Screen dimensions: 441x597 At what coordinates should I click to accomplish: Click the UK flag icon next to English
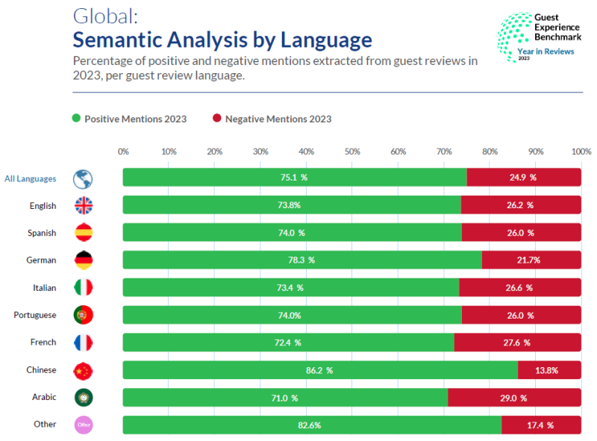click(x=83, y=205)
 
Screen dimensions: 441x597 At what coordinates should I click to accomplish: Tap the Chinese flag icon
click(x=83, y=370)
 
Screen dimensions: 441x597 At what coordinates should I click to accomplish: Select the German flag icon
click(x=83, y=260)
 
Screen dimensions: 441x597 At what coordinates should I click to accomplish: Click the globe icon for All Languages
click(x=83, y=178)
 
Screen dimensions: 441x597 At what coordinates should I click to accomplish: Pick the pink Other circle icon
click(x=83, y=425)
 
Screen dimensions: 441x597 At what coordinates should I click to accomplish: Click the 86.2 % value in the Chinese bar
click(x=319, y=370)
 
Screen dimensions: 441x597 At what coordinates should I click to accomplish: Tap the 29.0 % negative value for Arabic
click(x=513, y=398)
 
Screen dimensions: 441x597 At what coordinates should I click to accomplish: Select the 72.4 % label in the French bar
click(x=287, y=343)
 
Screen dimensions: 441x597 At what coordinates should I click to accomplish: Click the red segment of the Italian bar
click(x=520, y=287)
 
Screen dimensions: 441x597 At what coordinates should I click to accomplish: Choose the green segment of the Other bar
click(x=312, y=425)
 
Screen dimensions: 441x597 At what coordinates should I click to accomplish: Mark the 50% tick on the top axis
click(x=352, y=151)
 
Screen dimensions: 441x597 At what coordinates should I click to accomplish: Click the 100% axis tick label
click(x=581, y=151)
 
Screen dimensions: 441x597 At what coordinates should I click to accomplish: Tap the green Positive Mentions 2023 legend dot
click(x=75, y=119)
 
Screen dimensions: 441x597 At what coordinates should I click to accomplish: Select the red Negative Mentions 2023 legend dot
click(x=216, y=119)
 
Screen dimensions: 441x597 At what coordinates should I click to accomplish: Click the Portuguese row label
click(x=34, y=315)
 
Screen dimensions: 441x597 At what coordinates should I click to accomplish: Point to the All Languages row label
click(x=30, y=178)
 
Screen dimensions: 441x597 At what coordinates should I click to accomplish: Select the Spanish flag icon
click(x=83, y=233)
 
